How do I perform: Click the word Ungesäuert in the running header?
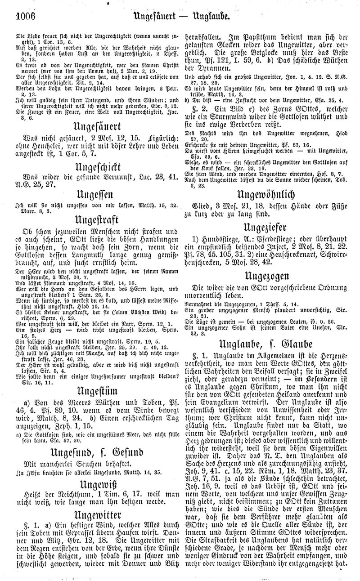tap(160, 18)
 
